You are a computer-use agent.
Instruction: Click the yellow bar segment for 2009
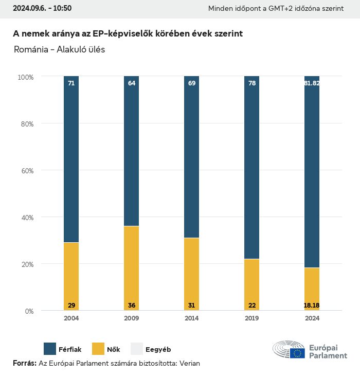[x=131, y=267]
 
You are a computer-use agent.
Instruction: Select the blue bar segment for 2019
[x=251, y=167]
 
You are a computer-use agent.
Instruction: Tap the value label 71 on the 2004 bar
[x=71, y=83]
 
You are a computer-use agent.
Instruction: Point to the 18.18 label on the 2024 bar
[x=312, y=306]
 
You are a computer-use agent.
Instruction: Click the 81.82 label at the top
[x=312, y=83]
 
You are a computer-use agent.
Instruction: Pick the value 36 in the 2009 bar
[x=131, y=306]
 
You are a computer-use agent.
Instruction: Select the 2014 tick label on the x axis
[x=191, y=318]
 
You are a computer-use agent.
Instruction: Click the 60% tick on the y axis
[x=26, y=170]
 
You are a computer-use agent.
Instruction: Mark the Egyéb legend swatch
[x=136, y=349]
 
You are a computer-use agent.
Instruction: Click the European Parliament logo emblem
[x=289, y=349]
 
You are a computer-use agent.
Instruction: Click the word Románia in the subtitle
[x=30, y=49]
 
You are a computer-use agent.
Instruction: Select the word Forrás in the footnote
[x=24, y=363]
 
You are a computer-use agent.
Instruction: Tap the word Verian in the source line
[x=189, y=363]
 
